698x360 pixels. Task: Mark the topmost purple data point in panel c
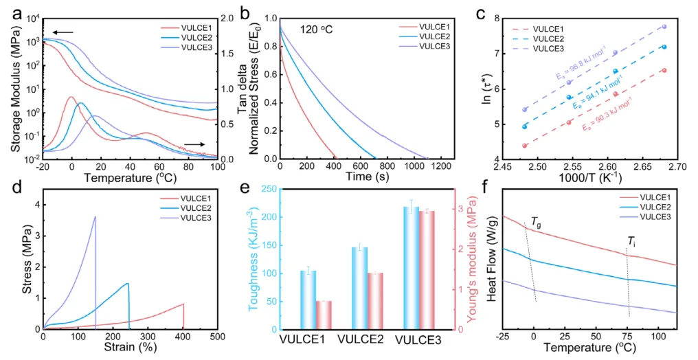pos(664,27)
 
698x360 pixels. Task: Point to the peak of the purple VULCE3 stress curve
pos(95,217)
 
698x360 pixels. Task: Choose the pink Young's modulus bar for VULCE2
pos(375,301)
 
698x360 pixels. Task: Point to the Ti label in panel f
pos(631,241)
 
